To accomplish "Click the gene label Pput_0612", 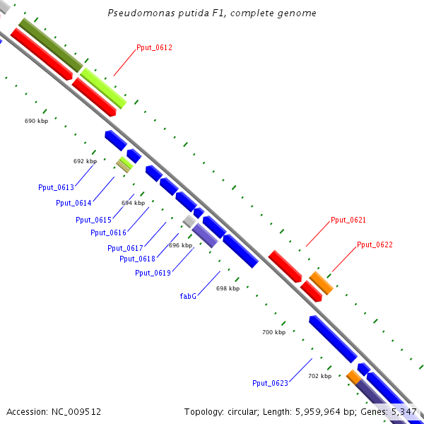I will (154, 48).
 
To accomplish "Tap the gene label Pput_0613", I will (56, 187).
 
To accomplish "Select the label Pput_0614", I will (73, 204).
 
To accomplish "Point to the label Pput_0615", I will (93, 220).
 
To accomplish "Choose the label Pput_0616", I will (108, 233).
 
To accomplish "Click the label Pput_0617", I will (125, 248).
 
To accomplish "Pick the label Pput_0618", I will (138, 259).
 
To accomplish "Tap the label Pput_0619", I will (153, 273).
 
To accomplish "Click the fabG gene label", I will (188, 296).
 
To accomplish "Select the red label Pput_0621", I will (348, 220).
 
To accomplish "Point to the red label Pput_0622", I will (375, 245).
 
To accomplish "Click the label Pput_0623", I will (270, 383).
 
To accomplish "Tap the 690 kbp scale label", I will (36, 122).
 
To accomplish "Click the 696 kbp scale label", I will (180, 245).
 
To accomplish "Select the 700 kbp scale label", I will (273, 332).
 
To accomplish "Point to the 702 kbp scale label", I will (319, 376).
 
